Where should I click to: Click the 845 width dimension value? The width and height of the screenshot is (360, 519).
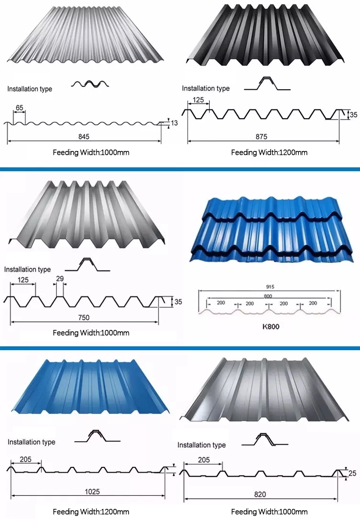point(84,137)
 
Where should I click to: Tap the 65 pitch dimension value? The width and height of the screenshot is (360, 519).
point(19,107)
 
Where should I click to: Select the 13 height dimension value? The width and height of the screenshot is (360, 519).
point(174,123)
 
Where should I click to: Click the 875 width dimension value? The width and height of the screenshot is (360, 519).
point(261,137)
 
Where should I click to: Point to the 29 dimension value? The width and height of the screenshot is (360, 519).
point(60,279)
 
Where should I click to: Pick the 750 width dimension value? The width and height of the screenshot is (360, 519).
point(84,317)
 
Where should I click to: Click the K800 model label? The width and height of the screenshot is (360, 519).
point(271,326)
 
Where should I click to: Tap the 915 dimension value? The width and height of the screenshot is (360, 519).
point(269,287)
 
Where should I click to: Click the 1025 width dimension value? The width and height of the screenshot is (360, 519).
point(93,492)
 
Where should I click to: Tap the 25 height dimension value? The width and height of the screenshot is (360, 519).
point(353,474)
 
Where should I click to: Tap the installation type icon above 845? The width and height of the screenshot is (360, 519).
point(90,84)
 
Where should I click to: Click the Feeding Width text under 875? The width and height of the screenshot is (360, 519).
point(269,152)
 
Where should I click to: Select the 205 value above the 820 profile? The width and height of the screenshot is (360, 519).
point(204,460)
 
